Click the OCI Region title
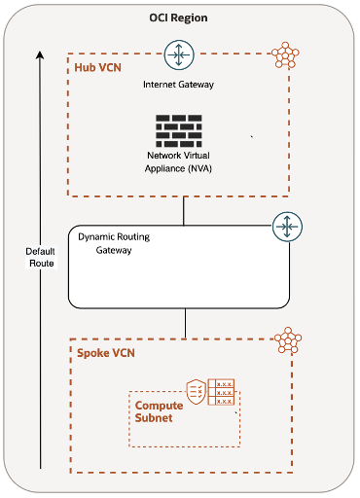pos(178,18)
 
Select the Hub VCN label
pos(99,68)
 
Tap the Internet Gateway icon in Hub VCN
pos(178,54)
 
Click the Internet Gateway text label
pos(178,86)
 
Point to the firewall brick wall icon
pos(178,129)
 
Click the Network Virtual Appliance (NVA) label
pos(179,160)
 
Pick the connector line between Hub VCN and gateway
pos(184,209)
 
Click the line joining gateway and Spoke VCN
pos(184,323)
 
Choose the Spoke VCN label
pos(104,352)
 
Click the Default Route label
pos(40,257)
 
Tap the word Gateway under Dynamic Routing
pos(114,250)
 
